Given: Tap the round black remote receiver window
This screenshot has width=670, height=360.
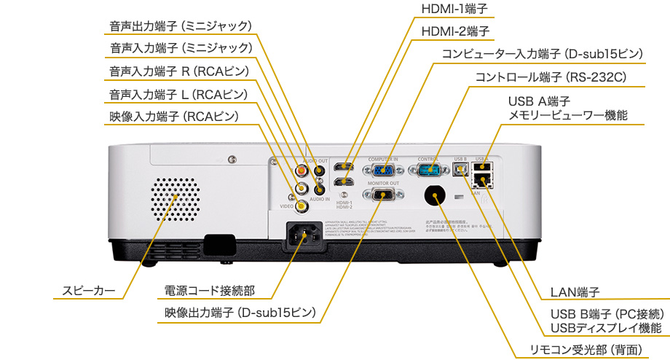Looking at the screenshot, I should pos(435,196).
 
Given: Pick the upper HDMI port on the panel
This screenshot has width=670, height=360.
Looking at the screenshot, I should pos(344,167).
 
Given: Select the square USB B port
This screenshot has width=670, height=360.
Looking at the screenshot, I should pos(460,168).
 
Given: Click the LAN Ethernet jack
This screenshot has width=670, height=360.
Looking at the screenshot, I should pos(481,179).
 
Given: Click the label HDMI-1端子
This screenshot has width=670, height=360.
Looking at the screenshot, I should pos(454,9).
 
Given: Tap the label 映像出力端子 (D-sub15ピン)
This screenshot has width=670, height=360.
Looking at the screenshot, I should pos(240,313).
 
